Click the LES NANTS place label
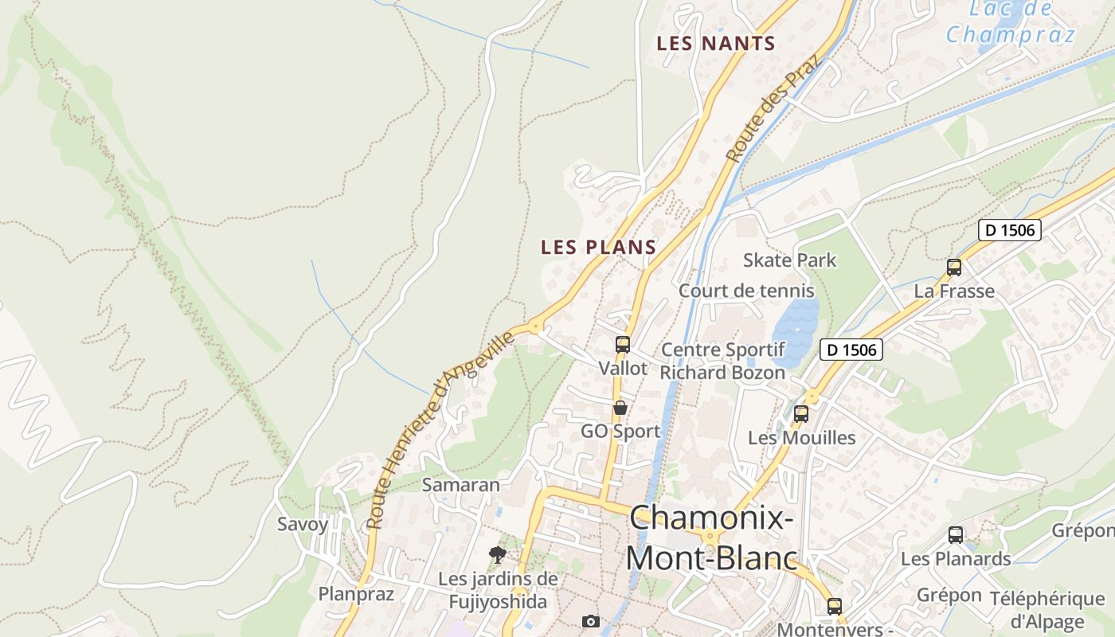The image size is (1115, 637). coord(715,44)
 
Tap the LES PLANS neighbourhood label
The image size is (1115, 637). coord(598,247)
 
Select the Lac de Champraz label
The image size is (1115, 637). coord(1010,22)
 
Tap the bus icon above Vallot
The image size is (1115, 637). coord(623,345)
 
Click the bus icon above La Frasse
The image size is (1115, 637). coord(953,268)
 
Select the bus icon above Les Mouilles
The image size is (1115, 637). coord(801,414)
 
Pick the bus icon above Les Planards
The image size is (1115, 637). coord(955,535)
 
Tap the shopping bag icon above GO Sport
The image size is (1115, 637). coord(620,408)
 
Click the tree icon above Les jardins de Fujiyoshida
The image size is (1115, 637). coord(498,554)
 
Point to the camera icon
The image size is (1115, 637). coord(590,621)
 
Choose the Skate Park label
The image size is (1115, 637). coord(789,260)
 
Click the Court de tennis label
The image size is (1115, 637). coord(746,291)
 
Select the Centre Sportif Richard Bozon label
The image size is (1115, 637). coord(722,361)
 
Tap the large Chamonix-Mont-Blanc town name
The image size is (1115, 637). coord(711,537)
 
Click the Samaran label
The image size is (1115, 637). coord(460,484)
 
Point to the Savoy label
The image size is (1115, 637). coord(302,524)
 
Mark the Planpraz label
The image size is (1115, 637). coord(356,594)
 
